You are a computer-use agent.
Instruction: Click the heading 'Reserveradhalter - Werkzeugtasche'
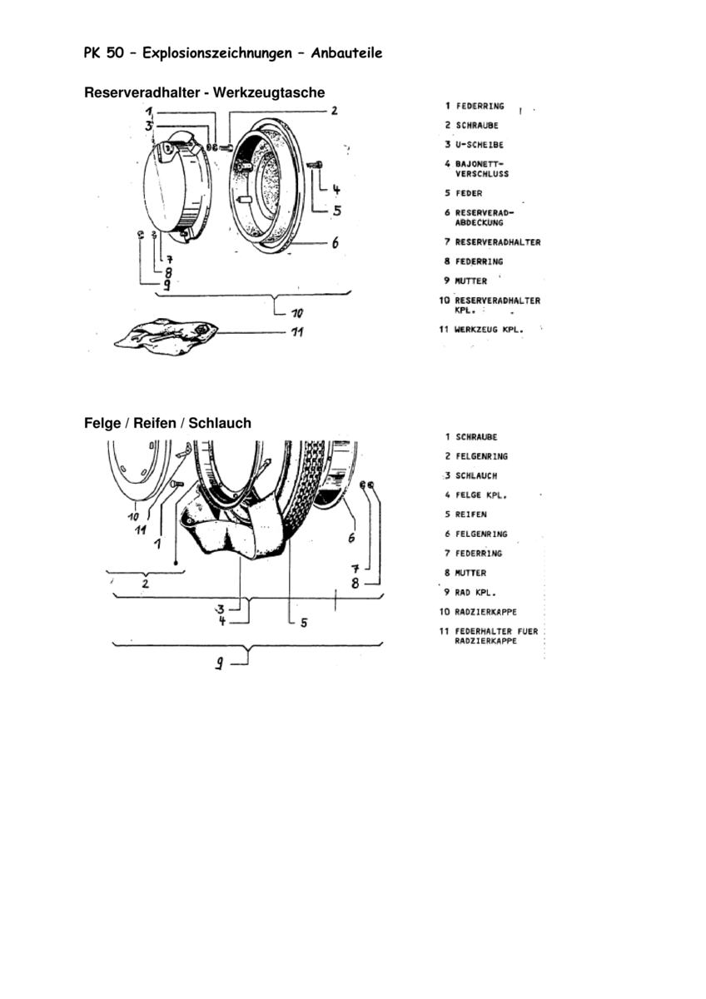pyautogui.click(x=204, y=92)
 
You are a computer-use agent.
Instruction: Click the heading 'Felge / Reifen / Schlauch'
pyautogui.click(x=167, y=423)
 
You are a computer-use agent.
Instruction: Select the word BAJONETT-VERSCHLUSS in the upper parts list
pyautogui.click(x=481, y=168)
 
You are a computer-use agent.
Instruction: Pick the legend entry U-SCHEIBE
pyautogui.click(x=479, y=145)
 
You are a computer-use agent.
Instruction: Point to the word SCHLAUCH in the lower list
pyautogui.click(x=476, y=475)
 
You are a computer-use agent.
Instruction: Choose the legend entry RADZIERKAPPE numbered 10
pyautogui.click(x=486, y=611)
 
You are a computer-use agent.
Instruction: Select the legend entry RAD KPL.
pyautogui.click(x=475, y=592)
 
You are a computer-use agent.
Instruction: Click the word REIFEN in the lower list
pyautogui.click(x=470, y=514)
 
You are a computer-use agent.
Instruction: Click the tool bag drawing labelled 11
pyautogui.click(x=167, y=335)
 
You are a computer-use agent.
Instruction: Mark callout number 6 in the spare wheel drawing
pyautogui.click(x=335, y=244)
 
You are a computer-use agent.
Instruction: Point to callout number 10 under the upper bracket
pyautogui.click(x=297, y=314)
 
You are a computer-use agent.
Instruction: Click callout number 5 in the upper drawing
pyautogui.click(x=336, y=211)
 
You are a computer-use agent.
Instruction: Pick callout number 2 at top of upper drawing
pyautogui.click(x=334, y=110)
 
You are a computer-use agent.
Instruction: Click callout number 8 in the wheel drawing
pyautogui.click(x=355, y=583)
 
